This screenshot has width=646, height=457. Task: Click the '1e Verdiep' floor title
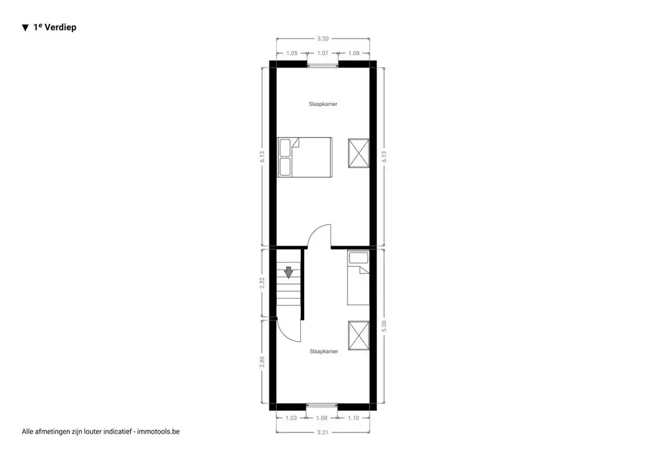54,28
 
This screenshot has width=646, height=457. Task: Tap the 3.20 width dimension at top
323,38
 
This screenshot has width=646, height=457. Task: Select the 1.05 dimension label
292,54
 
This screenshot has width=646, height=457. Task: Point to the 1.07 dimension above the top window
323,54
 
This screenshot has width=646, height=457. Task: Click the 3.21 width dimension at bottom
323,432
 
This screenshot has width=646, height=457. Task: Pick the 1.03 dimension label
291,418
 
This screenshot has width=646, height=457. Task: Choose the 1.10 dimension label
354,418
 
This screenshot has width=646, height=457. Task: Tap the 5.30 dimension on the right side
385,327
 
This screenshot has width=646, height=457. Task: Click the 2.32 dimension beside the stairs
262,282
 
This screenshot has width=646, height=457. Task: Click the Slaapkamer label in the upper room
323,104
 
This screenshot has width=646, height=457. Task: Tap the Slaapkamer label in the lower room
324,352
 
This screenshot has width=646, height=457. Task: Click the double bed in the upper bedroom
305,157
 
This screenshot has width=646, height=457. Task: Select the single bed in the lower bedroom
358,278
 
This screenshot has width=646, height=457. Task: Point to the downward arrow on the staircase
288,272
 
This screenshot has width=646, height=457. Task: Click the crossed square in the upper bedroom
358,153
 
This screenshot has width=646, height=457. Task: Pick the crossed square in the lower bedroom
358,335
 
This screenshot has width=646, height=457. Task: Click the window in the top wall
323,64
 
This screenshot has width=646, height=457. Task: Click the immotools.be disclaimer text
101,432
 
